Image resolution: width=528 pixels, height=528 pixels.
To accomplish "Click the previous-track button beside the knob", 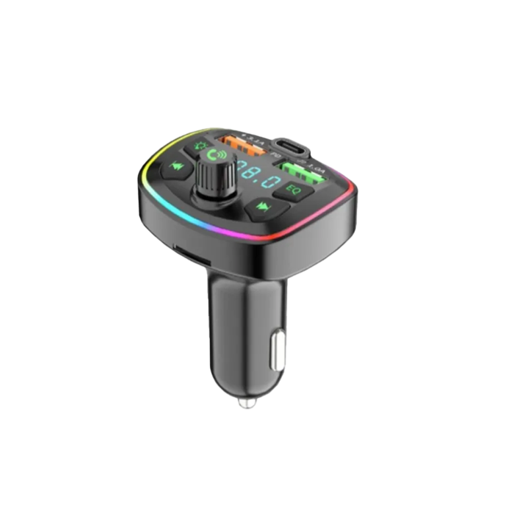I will click(x=177, y=166).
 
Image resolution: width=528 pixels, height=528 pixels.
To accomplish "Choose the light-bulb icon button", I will click(x=201, y=147).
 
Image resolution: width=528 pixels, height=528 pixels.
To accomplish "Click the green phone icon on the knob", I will click(x=214, y=155).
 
